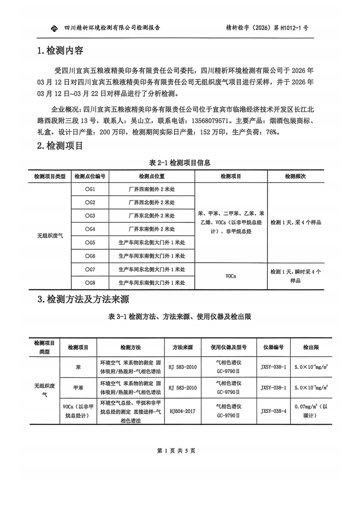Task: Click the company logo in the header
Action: coord(53,28)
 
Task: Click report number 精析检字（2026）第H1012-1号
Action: coord(267,28)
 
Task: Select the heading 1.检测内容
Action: coord(60,51)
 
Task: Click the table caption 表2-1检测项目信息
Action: coord(180,162)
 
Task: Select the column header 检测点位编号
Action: coord(90,176)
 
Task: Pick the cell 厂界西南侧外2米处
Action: coord(152,189)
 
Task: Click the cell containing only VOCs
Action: coord(231,276)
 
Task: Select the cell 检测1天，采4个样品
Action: coord(296,223)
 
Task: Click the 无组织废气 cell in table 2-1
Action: coord(50,236)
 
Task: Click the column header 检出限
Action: coord(311,347)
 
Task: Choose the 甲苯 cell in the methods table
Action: coord(78,388)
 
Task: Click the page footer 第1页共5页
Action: coord(176,451)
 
